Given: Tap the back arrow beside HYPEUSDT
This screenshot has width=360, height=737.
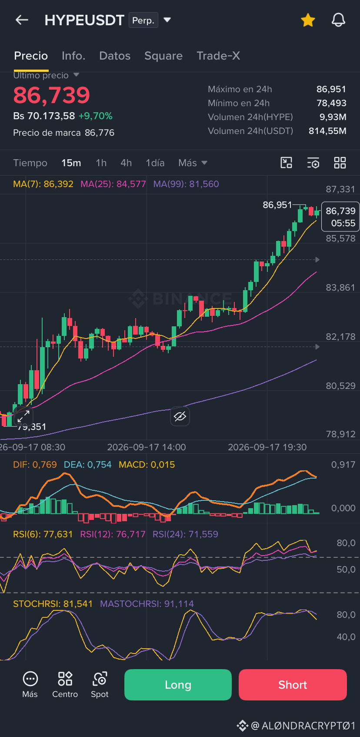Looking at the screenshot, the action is point(22,20).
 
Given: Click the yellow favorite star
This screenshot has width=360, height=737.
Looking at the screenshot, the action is point(308,20).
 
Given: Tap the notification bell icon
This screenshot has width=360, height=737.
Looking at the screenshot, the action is point(338,20).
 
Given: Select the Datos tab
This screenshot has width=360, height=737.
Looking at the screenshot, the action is point(115,56).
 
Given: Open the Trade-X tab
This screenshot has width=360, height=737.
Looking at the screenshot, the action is point(218,56).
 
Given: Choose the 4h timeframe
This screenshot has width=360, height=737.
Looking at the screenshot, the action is point(126,163).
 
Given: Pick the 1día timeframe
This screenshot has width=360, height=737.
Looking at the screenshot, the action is point(155,163).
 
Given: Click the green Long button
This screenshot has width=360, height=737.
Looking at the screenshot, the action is point(178,685).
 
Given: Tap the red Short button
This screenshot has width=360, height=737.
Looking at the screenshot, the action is point(293,685).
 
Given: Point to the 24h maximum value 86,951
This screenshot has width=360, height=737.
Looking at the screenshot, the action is point(331,89).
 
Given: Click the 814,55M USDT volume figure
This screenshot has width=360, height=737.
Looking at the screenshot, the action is point(327,131).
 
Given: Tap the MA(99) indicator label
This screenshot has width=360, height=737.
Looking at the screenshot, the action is point(186,184).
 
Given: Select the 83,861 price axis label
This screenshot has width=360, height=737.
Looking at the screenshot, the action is point(340,288).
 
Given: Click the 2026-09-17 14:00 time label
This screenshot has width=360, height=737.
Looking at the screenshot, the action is point(147,447).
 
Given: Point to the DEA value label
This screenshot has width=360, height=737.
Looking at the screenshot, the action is point(87,465).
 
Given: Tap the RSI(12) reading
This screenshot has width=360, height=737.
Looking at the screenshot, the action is point(113,534).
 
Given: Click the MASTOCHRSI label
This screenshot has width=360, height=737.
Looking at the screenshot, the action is point(147,604).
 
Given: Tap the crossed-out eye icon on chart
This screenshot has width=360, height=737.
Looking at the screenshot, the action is point(180,416).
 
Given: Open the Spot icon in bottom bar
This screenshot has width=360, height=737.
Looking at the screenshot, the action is point(100,685).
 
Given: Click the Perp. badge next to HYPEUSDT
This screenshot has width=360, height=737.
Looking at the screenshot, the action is point(143,20).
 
